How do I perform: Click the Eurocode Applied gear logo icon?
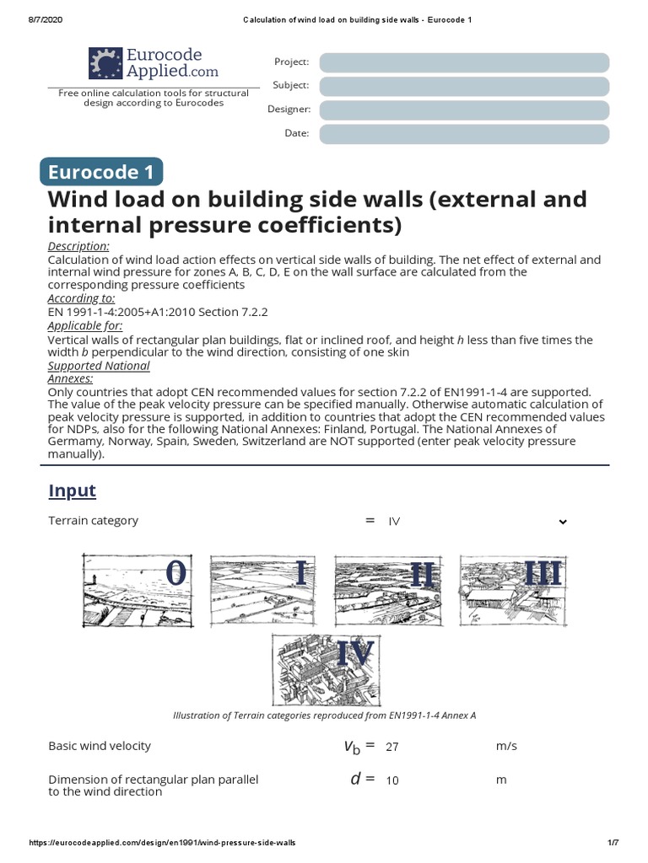pos(105,63)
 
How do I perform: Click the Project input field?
pos(464,62)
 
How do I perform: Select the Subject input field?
pos(464,86)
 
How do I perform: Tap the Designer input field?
pos(464,110)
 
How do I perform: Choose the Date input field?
pos(464,134)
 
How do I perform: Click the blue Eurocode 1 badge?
pos(101,172)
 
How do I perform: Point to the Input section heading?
pos(73,490)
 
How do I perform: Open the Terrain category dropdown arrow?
pos(563,522)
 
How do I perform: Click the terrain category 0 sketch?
pos(139,589)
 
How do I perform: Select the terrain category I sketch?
pos(264,589)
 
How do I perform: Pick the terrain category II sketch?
pos(389,589)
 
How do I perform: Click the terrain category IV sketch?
pos(324,669)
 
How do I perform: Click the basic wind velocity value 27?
pos(392,747)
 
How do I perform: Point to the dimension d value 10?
pos(392,780)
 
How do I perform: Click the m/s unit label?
pos(506,747)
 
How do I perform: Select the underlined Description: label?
pos(78,246)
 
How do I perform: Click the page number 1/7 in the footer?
pos(613,843)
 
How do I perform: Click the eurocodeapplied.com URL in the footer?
pos(163,843)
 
